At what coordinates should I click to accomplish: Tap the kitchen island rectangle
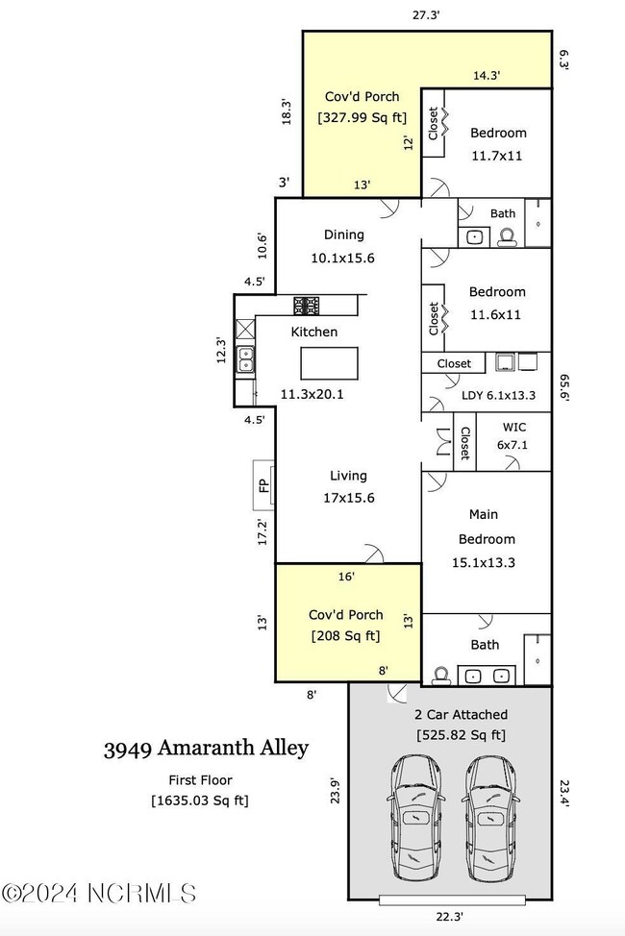pyautogui.click(x=329, y=364)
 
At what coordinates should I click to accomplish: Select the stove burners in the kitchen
pyautogui.click(x=307, y=306)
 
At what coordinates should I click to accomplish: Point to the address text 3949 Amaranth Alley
pyautogui.click(x=206, y=749)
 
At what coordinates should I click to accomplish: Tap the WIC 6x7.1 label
pyautogui.click(x=514, y=435)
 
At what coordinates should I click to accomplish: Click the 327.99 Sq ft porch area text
pyautogui.click(x=362, y=118)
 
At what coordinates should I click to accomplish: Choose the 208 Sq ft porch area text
pyautogui.click(x=345, y=635)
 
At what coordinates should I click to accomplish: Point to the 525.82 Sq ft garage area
pyautogui.click(x=460, y=735)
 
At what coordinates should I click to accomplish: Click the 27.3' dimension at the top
pyautogui.click(x=427, y=14)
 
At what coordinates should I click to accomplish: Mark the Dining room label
pyautogui.click(x=343, y=234)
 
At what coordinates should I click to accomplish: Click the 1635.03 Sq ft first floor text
pyautogui.click(x=200, y=800)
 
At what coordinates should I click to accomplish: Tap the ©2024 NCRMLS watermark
pyautogui.click(x=98, y=893)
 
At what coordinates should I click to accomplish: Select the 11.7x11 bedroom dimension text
pyautogui.click(x=496, y=155)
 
